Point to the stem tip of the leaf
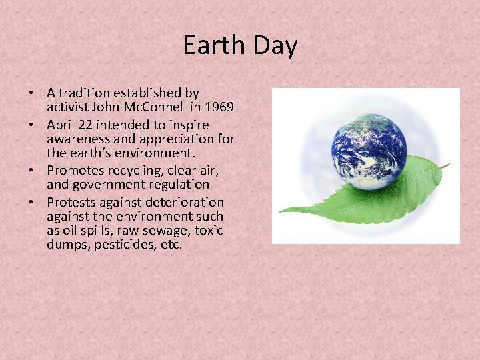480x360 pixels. click(x=448, y=165)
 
